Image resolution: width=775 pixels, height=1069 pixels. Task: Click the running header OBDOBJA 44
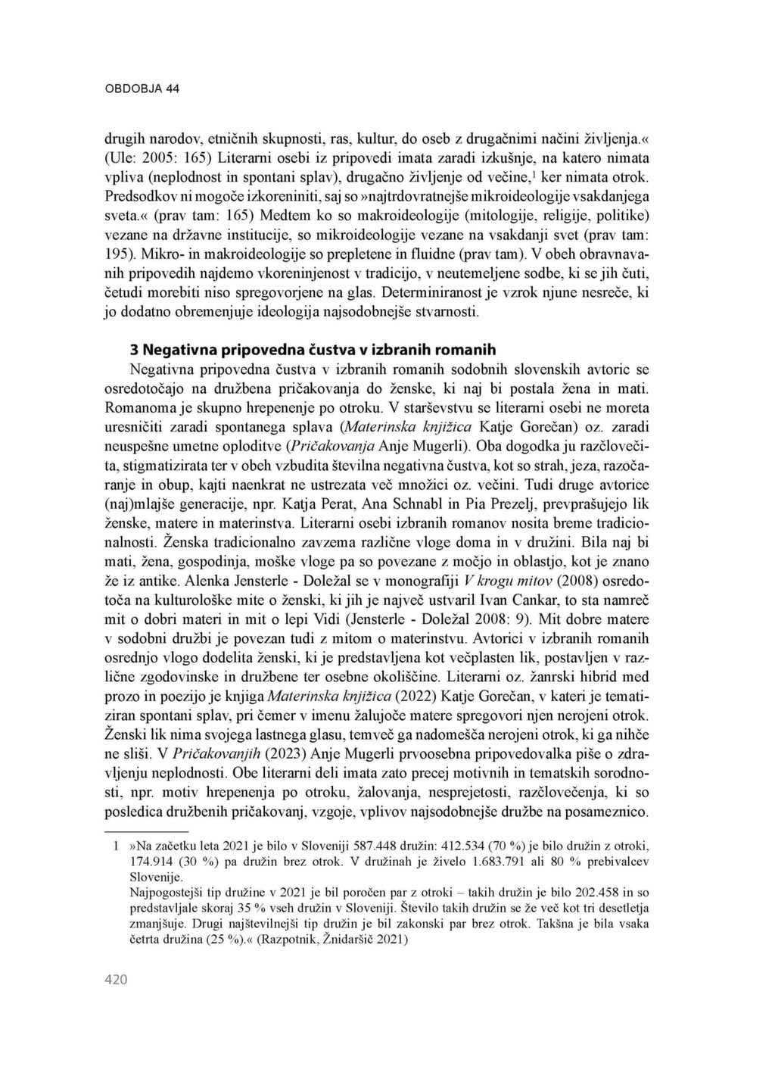click(142, 89)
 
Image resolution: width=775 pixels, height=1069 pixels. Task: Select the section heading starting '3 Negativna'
click(313, 350)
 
